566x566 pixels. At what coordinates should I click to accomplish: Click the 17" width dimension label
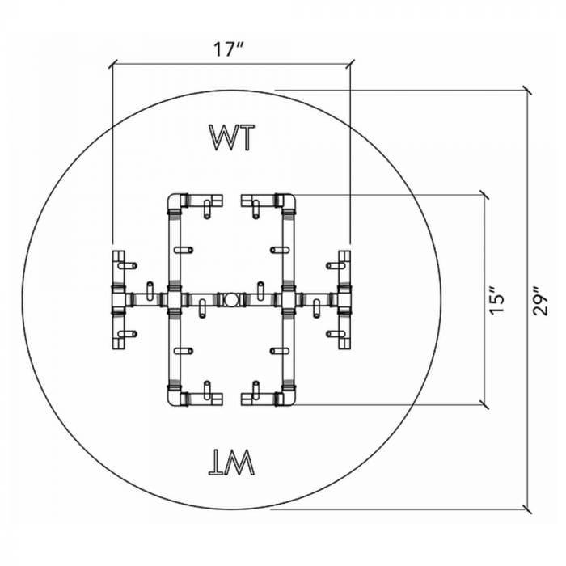tap(230, 49)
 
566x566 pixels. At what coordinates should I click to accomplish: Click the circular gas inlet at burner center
tap(231, 300)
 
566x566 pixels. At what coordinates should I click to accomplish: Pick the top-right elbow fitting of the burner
tap(285, 200)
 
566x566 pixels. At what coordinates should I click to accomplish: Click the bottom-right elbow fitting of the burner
tap(285, 399)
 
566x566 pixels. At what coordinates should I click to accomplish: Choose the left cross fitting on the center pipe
tap(174, 300)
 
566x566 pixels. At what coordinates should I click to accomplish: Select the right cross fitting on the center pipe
tap(288, 300)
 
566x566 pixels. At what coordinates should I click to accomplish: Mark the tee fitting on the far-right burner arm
tap(344, 300)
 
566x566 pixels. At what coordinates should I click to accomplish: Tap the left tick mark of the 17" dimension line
tap(112, 63)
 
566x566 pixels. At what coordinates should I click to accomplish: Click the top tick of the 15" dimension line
tap(484, 194)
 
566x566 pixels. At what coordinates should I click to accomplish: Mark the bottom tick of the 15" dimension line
tap(484, 404)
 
